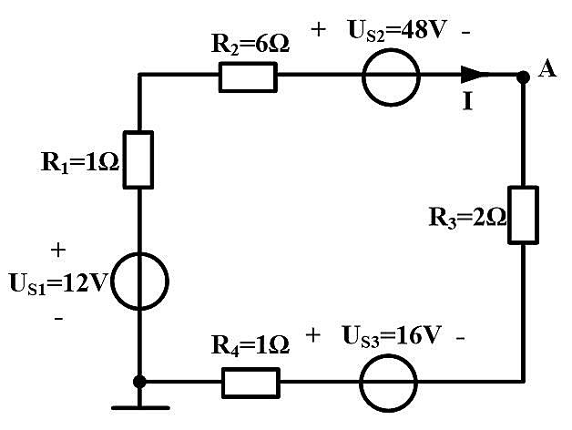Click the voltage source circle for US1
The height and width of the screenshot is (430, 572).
click(111, 282)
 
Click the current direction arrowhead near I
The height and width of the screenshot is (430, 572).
click(472, 75)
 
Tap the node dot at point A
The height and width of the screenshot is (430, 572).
click(523, 77)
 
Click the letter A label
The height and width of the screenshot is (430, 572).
click(546, 69)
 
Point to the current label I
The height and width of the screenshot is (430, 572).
click(467, 101)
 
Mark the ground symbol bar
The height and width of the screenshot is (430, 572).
click(140, 408)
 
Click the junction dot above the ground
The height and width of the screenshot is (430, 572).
click(139, 382)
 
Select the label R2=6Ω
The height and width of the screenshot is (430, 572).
click(250, 45)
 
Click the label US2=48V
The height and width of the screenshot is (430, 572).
click(398, 31)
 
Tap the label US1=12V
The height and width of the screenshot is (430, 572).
click(59, 284)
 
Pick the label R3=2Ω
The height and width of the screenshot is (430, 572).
click(467, 218)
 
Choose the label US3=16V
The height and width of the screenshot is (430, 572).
click(392, 336)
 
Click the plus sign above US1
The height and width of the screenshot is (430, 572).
click(58, 251)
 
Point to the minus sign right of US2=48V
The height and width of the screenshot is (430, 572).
click(465, 33)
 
